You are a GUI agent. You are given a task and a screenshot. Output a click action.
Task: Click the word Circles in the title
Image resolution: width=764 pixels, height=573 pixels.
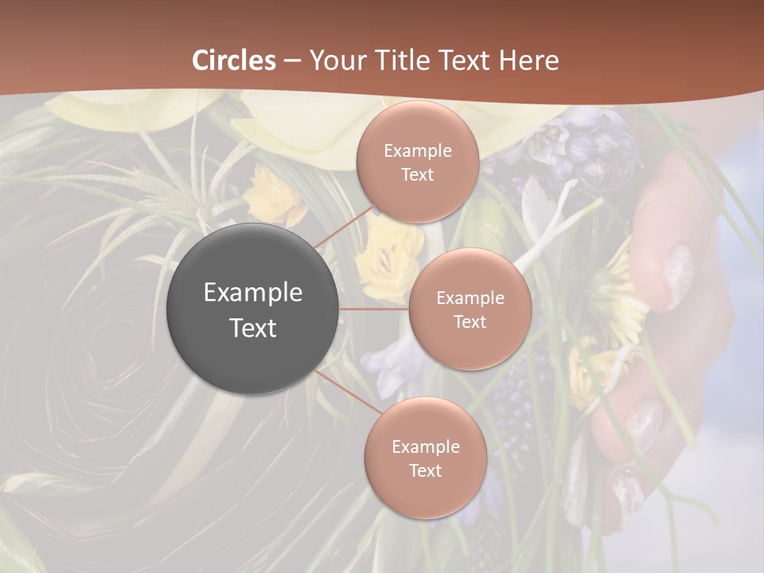[234, 60]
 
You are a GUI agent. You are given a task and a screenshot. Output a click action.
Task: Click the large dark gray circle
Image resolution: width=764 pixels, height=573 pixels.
[252, 309]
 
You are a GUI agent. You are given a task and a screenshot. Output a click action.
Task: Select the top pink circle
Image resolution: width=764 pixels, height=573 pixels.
[417, 162]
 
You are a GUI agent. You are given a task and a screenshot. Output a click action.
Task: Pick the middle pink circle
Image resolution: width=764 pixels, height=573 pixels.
[470, 309]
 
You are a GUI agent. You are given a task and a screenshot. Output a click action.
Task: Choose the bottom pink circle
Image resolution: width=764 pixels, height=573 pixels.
[425, 458]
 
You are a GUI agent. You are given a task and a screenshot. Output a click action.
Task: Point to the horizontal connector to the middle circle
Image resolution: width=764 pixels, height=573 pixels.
[373, 309]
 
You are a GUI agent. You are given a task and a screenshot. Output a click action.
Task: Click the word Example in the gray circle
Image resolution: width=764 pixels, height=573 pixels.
[252, 293]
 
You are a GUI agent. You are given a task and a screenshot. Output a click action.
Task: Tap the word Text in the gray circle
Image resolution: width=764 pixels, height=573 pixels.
[252, 327]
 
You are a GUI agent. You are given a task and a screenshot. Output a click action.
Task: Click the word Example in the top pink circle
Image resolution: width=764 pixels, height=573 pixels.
[417, 150]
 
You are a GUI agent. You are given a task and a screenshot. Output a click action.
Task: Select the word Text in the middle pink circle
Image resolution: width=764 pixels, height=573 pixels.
[470, 322]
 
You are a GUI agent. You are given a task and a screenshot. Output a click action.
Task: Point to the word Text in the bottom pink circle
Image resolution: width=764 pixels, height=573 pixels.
[425, 470]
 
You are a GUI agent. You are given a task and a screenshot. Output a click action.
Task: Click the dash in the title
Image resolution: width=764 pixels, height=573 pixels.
[291, 61]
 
